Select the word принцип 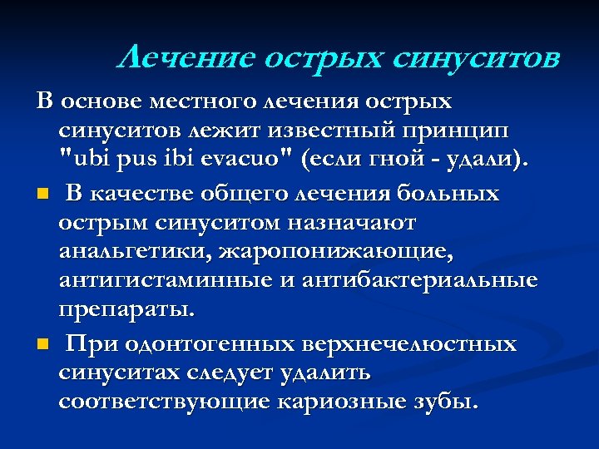[465, 131]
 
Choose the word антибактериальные [416, 281]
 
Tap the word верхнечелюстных [403, 343]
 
